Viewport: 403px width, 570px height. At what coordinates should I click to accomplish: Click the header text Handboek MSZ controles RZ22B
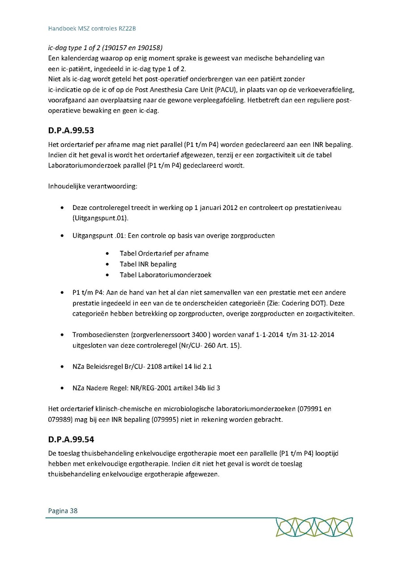tap(92, 28)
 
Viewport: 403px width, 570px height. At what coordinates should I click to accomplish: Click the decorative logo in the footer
tap(314, 527)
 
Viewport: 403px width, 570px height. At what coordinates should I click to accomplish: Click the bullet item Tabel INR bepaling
tap(148, 264)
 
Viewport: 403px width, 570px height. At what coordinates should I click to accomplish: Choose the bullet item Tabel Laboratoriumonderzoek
tap(165, 275)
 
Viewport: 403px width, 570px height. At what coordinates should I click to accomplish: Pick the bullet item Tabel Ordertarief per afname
tap(164, 253)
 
